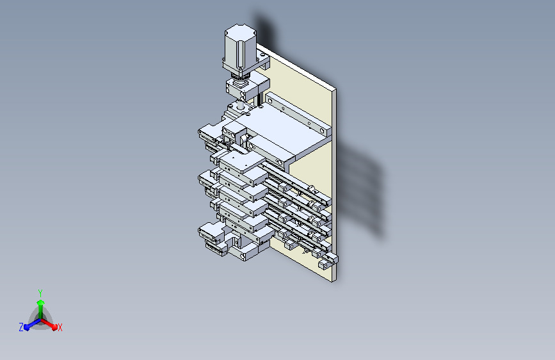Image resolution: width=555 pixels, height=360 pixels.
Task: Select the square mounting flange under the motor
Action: tap(244, 65)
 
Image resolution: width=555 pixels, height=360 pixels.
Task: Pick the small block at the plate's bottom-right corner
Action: tap(330, 259)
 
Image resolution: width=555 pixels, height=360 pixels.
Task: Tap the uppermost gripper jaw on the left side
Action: tap(209, 135)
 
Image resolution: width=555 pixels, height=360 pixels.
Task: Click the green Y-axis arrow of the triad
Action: tap(40, 305)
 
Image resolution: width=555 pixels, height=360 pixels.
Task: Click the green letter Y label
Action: tap(40, 291)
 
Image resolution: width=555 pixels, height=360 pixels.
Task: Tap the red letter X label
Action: tap(60, 327)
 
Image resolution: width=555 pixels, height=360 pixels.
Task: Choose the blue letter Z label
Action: tap(21, 327)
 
